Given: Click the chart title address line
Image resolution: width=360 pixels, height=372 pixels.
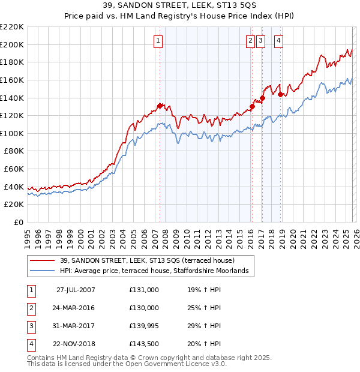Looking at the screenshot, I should (180, 5).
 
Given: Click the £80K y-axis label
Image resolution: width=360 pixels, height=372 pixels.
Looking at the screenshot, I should (13, 151).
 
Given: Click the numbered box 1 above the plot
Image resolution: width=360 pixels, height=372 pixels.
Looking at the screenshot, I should (158, 41).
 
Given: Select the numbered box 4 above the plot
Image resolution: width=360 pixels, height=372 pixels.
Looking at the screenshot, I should (280, 41).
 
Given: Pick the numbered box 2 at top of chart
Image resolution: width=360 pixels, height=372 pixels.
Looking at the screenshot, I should (250, 41).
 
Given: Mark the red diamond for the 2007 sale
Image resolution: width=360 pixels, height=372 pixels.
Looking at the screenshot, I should (160, 106).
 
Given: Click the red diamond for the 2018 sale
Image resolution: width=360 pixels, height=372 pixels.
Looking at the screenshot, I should (280, 94).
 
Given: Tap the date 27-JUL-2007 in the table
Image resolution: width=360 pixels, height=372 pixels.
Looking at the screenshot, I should (76, 289).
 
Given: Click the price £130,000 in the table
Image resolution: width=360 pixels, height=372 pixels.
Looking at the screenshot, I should (144, 308).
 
